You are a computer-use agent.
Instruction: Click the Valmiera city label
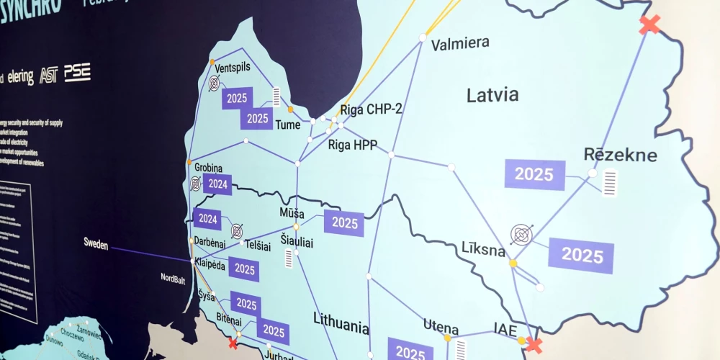coord(460,44)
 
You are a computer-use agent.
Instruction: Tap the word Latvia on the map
coord(492,94)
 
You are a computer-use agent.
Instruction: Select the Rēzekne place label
coord(620,154)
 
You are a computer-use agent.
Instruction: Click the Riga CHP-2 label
coord(371,109)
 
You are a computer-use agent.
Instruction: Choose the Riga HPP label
coord(353,144)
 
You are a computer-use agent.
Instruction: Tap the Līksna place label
coord(484,250)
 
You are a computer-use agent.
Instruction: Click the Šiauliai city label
coord(297,243)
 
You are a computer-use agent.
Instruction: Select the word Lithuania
coord(341,325)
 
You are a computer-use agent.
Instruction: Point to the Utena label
coord(441,325)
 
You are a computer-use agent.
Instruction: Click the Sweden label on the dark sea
coord(96,246)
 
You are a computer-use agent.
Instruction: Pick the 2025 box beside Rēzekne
coord(534,174)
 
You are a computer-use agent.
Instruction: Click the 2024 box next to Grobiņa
coord(218,184)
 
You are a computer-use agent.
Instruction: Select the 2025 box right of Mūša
coord(345,222)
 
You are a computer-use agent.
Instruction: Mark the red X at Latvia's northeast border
coord(649,24)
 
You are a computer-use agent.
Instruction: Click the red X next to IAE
coord(534,344)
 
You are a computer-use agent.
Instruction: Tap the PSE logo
coord(77,72)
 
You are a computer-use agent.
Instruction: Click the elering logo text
coord(21,77)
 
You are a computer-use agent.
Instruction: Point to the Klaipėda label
coord(210,265)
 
